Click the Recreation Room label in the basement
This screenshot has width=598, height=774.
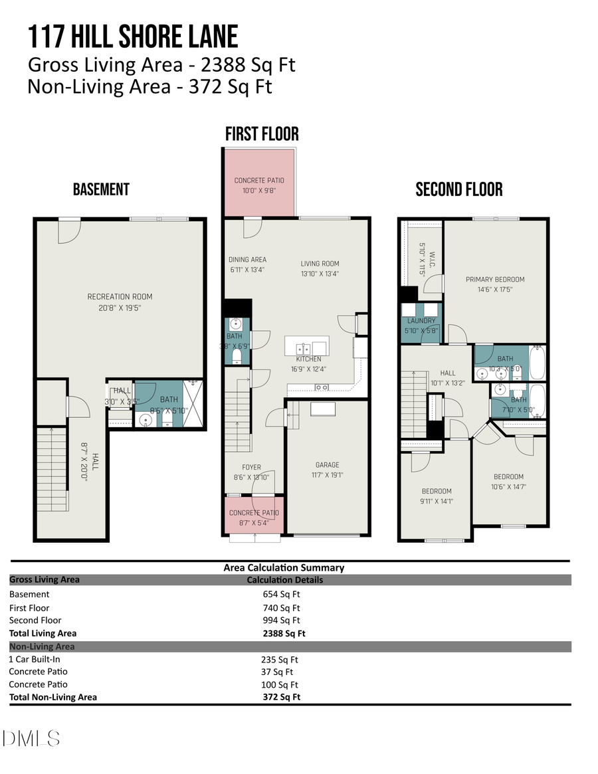(x=120, y=297)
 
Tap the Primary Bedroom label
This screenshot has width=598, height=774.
(x=495, y=280)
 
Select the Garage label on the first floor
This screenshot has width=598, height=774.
(x=327, y=465)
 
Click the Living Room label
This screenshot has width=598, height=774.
(x=320, y=264)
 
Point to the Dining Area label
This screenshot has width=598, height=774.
(x=247, y=260)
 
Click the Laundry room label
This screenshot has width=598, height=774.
(x=420, y=321)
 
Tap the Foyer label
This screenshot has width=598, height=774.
(x=251, y=467)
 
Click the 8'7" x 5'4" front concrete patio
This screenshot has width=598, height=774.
(x=254, y=515)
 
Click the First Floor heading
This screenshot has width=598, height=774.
(x=262, y=134)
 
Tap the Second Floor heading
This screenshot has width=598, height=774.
(x=458, y=189)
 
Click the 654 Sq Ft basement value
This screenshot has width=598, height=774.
(x=281, y=595)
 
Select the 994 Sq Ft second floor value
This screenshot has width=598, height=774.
(x=281, y=621)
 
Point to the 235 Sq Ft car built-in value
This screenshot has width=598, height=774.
(x=280, y=660)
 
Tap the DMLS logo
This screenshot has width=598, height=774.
(x=31, y=738)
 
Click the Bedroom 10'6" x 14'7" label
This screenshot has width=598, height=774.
(x=508, y=476)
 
